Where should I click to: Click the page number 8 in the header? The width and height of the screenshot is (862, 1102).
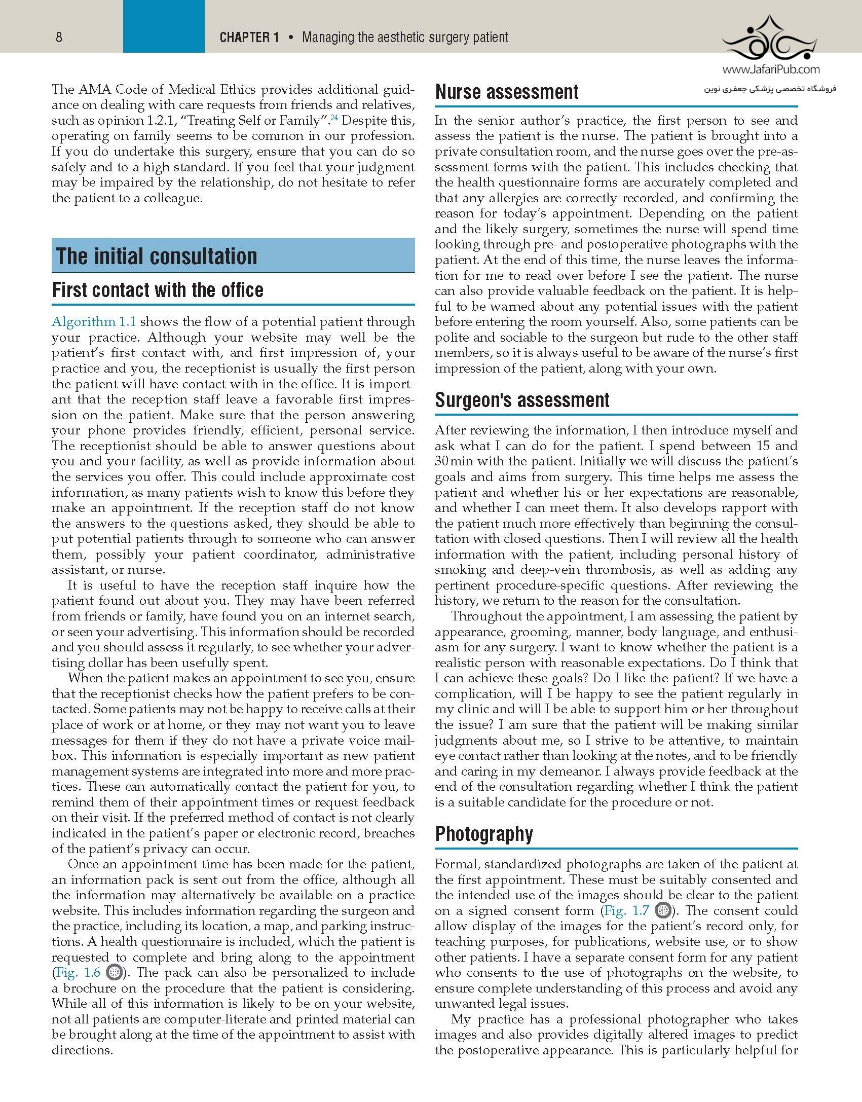click(x=59, y=37)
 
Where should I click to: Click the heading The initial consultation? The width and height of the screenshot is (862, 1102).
click(x=157, y=256)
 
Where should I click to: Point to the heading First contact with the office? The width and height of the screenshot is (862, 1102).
click(x=158, y=290)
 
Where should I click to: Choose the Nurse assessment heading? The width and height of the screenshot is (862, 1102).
click(x=507, y=92)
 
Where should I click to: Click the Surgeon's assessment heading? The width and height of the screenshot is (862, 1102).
click(x=522, y=400)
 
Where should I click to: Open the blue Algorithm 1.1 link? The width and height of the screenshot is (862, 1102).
click(x=94, y=322)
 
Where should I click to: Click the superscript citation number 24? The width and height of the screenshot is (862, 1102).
click(x=334, y=118)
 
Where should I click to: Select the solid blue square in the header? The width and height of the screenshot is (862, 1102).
click(x=164, y=26)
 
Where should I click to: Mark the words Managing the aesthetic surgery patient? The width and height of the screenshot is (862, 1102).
click(x=405, y=37)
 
